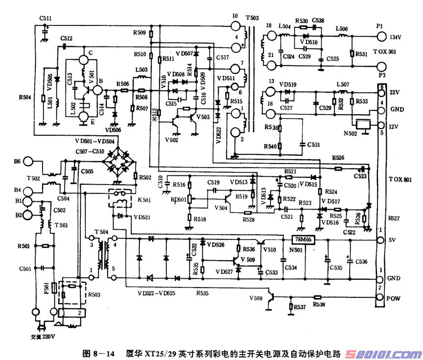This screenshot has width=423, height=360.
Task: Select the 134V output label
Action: [x=395, y=37]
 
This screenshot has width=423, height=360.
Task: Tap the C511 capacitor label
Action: [x=46, y=19]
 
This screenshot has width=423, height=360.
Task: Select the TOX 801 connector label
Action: [x=400, y=180]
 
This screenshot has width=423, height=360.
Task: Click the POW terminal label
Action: [x=395, y=297]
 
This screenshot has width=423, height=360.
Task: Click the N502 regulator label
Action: [x=351, y=134]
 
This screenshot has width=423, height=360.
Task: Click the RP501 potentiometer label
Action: [x=178, y=200]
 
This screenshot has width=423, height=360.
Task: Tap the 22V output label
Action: [x=395, y=92]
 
